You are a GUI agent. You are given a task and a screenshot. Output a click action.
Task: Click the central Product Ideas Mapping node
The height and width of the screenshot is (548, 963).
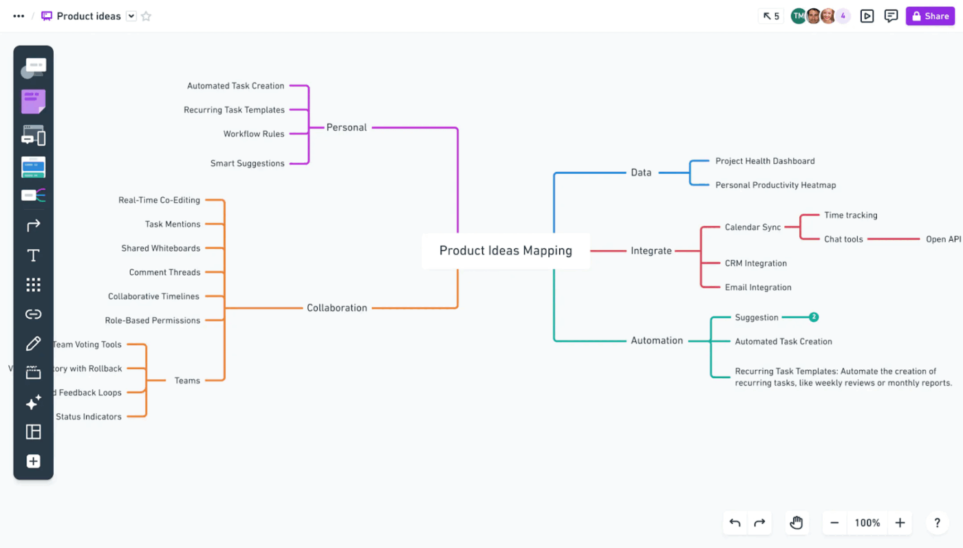pyautogui.click(x=506, y=251)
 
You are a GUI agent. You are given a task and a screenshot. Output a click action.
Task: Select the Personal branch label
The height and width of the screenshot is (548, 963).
pyautogui.click(x=346, y=127)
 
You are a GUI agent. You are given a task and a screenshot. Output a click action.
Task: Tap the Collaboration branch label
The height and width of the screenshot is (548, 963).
pyautogui.click(x=336, y=308)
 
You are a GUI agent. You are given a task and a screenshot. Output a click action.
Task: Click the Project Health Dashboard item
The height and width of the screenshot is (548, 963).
pyautogui.click(x=764, y=161)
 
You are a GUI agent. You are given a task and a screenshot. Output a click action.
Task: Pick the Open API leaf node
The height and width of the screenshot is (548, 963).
pyautogui.click(x=943, y=239)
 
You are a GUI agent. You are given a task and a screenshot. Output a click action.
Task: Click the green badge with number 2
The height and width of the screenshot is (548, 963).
pyautogui.click(x=814, y=317)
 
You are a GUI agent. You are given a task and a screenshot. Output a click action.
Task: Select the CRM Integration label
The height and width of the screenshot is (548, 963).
pyautogui.click(x=755, y=263)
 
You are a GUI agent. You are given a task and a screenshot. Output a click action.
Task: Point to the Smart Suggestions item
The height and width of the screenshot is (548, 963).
pyautogui.click(x=247, y=164)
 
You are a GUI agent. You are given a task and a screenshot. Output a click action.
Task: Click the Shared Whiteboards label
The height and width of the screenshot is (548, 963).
pyautogui.click(x=161, y=248)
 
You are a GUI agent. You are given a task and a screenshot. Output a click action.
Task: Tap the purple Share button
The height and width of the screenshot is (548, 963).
pyautogui.click(x=930, y=16)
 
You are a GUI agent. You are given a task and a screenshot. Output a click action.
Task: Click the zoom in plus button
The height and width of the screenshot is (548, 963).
pyautogui.click(x=900, y=523)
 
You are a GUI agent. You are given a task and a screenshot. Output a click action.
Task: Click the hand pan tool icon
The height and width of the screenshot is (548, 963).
pyautogui.click(x=796, y=523)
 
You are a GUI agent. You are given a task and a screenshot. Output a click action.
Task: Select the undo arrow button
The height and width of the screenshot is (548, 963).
pyautogui.click(x=735, y=523)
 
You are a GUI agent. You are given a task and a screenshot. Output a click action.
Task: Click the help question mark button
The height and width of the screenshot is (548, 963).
pyautogui.click(x=937, y=523)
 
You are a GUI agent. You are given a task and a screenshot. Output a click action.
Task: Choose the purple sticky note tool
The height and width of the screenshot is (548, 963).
pyautogui.click(x=33, y=101)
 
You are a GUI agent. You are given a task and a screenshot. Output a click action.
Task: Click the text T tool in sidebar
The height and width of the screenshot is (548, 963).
pyautogui.click(x=33, y=256)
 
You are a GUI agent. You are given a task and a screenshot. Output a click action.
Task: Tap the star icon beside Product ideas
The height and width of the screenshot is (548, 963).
pyautogui.click(x=146, y=16)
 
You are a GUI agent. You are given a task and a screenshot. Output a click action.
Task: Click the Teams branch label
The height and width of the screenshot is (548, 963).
pyautogui.click(x=187, y=380)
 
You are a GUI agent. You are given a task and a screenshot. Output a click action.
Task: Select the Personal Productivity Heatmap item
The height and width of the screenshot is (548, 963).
pyautogui.click(x=775, y=185)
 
